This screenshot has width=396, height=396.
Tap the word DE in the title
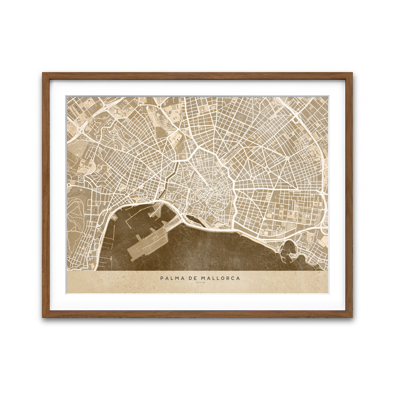coord(193,278)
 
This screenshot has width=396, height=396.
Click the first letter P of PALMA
coord(162,278)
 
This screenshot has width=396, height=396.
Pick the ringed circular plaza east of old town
coord(252,179)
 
